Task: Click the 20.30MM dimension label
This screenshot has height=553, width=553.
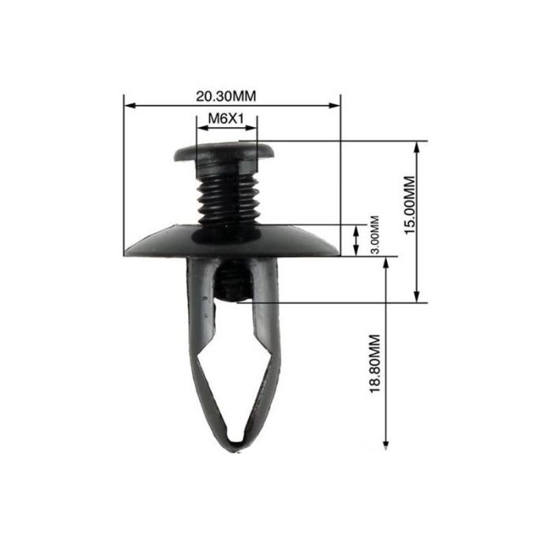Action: point(226,96)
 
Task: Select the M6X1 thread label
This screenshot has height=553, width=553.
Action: point(226,118)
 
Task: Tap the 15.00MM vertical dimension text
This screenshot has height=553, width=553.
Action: point(410,205)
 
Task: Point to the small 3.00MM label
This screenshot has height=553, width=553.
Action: point(375,235)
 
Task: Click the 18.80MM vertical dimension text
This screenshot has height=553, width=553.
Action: point(374,363)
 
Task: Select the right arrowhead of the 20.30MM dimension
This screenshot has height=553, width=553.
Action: point(334,105)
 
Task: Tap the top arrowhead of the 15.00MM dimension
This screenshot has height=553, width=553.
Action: point(416,148)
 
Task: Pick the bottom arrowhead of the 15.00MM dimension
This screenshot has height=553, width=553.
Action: point(416,296)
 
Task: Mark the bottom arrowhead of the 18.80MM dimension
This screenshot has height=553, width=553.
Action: point(386,444)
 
